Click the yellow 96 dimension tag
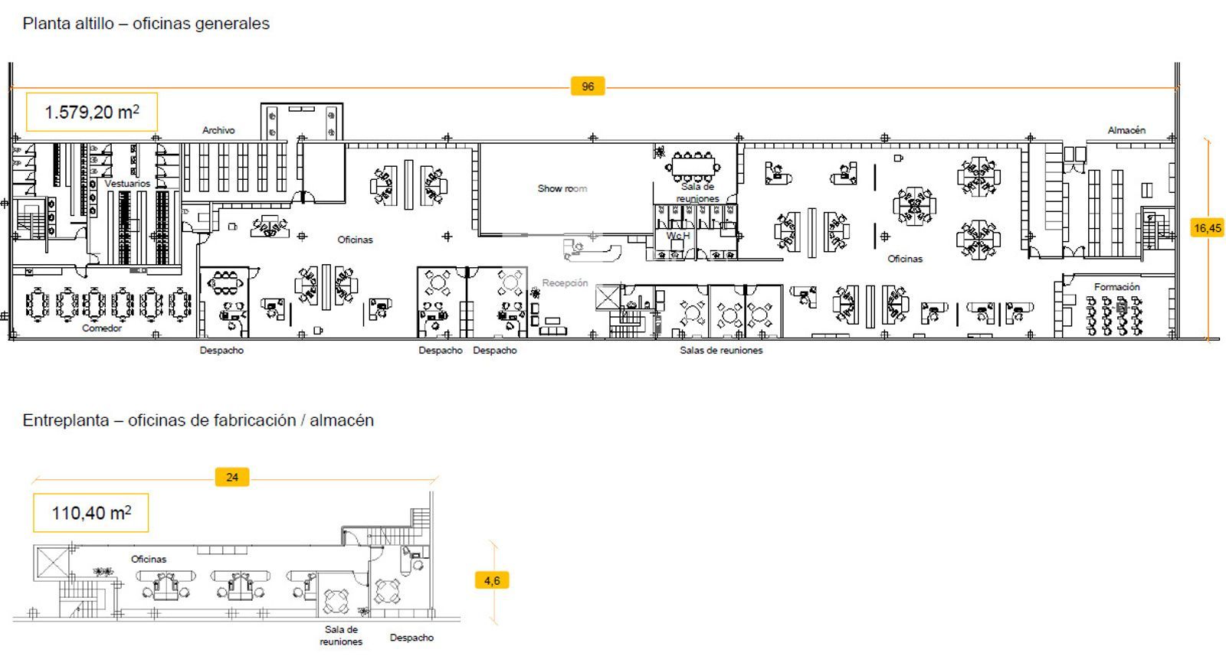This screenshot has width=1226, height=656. [587, 86]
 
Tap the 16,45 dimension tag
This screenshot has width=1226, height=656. [1208, 228]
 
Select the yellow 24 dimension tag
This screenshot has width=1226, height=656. [232, 477]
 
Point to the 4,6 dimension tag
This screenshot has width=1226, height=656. [491, 580]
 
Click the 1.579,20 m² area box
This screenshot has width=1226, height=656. [92, 112]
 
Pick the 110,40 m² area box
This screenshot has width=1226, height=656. [91, 513]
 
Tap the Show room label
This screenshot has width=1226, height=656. [562, 188]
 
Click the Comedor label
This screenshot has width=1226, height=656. [102, 328]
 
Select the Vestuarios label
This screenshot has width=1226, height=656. [127, 184]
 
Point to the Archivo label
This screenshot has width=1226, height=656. [218, 130]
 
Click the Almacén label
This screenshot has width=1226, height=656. [1126, 130]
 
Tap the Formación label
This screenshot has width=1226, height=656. [1116, 286]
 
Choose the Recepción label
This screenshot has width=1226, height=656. [565, 282]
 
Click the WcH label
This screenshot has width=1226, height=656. [678, 236]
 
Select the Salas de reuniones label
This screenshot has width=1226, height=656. [721, 351]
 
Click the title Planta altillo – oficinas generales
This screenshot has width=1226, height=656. [146, 24]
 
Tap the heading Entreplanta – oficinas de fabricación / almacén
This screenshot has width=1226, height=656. [198, 420]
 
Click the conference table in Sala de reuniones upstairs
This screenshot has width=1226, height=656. [693, 165]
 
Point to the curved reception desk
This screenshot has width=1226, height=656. [593, 252]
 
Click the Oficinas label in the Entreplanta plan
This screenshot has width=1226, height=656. [149, 560]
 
